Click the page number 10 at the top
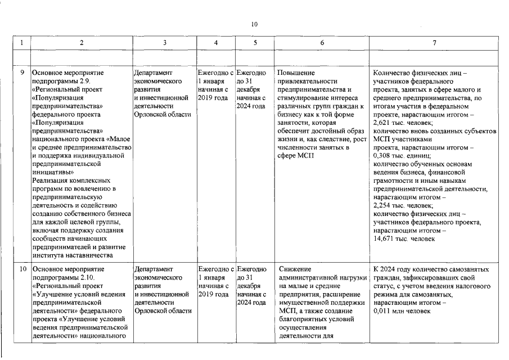point(254,24)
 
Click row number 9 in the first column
point(22,73)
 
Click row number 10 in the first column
point(22,269)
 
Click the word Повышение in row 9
point(296,73)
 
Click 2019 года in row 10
point(213,294)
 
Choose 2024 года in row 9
point(251,106)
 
